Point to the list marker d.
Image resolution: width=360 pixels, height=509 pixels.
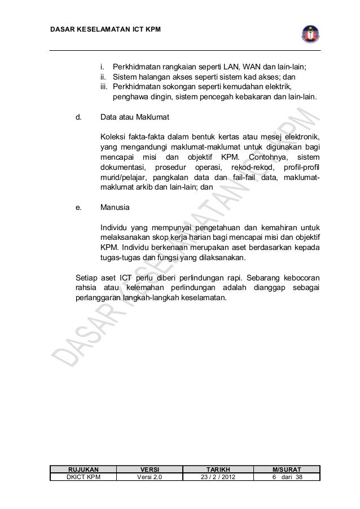[79, 118]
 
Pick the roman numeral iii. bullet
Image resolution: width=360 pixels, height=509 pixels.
[106, 86]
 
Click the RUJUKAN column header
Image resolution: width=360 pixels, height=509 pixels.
[84, 469]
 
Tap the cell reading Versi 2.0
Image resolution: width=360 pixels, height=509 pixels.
[150, 477]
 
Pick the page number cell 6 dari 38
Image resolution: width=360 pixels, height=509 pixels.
[287, 477]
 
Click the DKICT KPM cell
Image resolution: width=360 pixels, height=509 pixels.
[84, 477]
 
